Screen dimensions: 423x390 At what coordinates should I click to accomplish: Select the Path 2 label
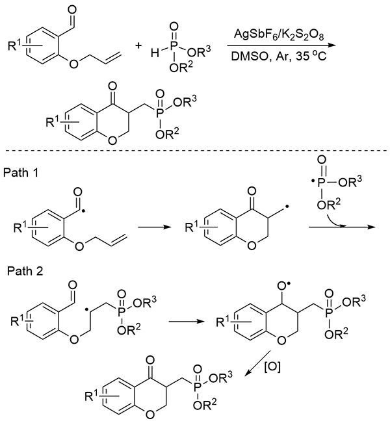(21, 270)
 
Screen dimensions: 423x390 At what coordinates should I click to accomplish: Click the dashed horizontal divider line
(195, 151)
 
